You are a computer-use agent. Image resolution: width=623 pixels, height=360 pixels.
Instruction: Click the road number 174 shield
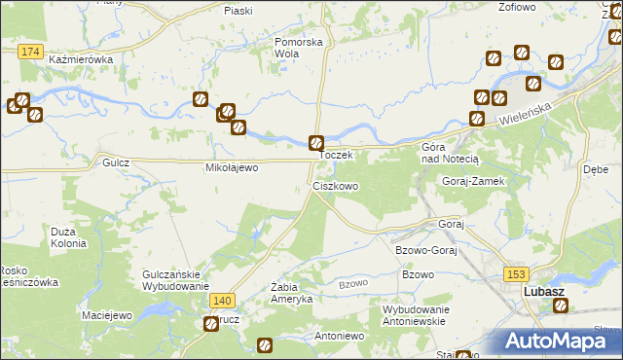coord(30,50)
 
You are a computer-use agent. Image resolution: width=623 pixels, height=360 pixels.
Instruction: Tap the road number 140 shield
coord(221,302)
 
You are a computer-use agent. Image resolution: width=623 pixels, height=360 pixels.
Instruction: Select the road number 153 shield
coord(514,275)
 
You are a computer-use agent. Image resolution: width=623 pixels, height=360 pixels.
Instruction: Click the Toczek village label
coord(342,155)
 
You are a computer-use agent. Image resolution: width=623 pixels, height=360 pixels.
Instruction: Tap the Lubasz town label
coord(544,291)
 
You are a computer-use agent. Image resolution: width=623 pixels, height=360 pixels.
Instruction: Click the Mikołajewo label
coord(230,167)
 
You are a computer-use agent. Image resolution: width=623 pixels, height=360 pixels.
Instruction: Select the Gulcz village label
coord(116,163)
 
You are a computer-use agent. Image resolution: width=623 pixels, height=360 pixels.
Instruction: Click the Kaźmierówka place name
coord(81,59)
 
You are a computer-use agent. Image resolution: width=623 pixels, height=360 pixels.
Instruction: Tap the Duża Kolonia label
coord(69,237)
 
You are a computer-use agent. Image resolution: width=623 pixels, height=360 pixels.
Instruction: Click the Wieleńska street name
coord(527,114)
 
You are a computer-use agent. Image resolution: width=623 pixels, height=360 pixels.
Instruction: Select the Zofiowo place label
coord(517,7)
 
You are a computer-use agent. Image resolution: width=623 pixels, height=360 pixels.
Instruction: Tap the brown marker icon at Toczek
coord(316,142)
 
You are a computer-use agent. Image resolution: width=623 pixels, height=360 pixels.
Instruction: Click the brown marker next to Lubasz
coord(561,306)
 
